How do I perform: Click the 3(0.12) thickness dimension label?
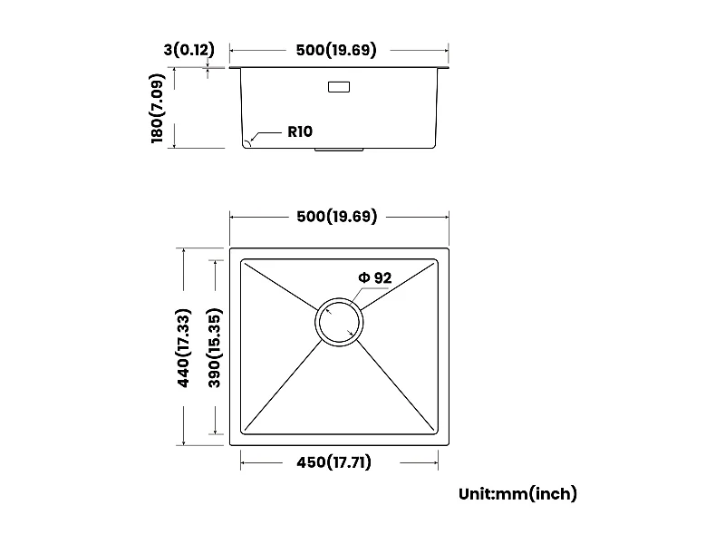coord(188,50)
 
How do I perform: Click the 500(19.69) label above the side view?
coord(335,50)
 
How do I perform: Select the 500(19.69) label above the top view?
coord(335,216)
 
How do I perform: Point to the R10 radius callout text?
coord(300,131)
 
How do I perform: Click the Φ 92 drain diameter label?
coord(374,277)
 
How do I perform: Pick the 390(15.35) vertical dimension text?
coord(215,349)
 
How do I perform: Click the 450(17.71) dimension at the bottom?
coord(335,462)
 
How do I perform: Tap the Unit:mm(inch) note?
coord(517,494)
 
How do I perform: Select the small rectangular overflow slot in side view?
coord(339,87)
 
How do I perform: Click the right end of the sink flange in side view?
coord(448,68)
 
